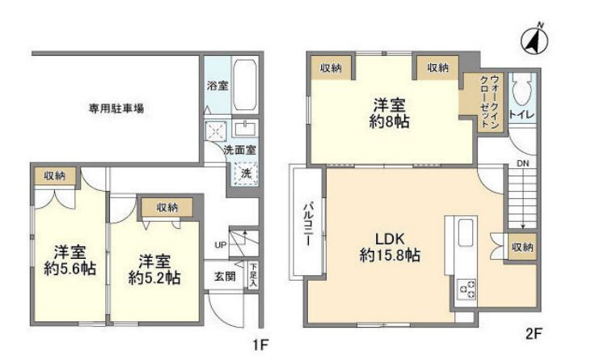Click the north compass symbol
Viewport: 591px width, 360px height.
534,39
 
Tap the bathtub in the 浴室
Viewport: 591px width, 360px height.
245,85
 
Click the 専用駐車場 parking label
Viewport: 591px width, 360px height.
116,108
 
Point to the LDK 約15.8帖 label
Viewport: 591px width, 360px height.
390,247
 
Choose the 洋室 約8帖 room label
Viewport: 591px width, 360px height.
390,113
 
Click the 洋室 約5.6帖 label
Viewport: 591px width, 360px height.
70,260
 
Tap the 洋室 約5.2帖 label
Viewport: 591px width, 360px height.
154,269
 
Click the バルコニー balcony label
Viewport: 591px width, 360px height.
308,225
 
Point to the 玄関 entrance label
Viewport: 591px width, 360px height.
225,277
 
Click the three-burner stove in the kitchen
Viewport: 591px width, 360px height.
466,289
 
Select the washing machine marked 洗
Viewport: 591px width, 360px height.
245,173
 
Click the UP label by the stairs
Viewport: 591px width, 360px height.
221,245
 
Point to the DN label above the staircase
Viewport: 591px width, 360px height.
523,163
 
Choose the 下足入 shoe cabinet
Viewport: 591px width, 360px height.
253,275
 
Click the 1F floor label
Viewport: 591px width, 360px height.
260,345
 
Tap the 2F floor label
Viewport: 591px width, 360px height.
534,333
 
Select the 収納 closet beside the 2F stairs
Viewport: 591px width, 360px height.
522,247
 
